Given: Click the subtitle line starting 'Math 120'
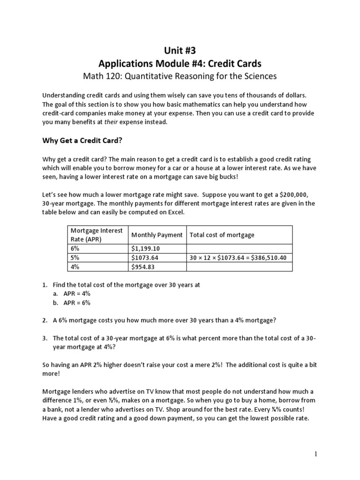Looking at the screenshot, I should [180, 75].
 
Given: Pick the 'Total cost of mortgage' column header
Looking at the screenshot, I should [222, 235].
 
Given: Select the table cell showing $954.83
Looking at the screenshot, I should [143, 267].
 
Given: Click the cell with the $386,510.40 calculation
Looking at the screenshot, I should [239, 258].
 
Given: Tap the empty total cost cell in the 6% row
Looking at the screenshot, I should [239, 248].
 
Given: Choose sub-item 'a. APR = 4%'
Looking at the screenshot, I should [71, 293].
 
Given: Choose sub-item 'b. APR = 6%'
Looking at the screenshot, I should [71, 302].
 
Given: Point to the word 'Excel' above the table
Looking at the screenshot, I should [176, 212].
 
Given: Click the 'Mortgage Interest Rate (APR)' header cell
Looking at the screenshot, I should [96, 235].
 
